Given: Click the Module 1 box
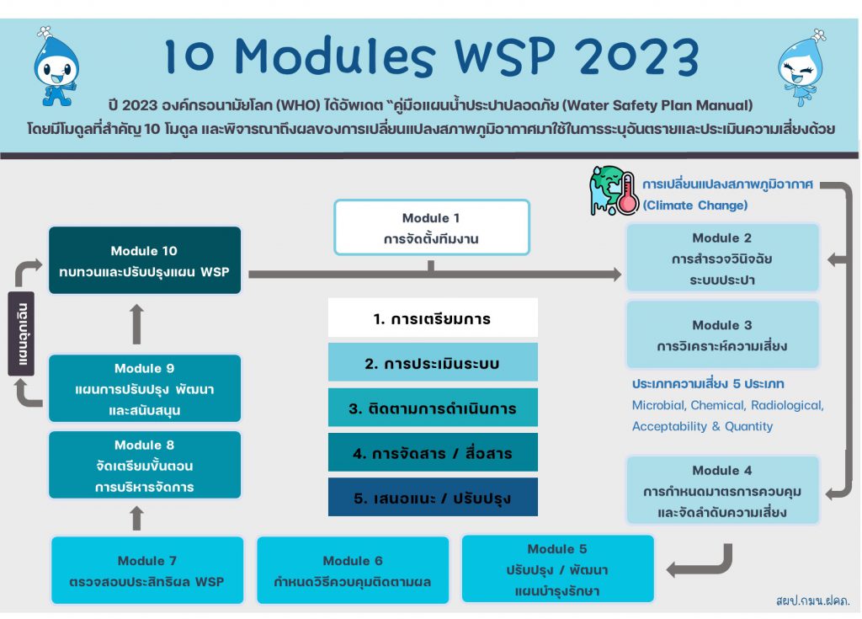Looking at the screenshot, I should coord(432,227).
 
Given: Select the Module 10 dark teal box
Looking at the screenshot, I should coord(145,260).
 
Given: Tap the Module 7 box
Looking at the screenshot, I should coord(147,570).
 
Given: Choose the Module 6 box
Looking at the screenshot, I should coord(353,570).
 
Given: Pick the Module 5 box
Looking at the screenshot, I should coord(557,569).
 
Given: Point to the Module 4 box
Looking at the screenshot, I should coord(721,490).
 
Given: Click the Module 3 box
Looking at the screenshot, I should coord(721,335).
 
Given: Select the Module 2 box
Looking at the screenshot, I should coord(721,259).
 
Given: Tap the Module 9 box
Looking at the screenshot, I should coord(145,388).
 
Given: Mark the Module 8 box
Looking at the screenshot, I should coord(145,465).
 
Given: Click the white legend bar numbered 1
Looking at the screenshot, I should coord(433,318).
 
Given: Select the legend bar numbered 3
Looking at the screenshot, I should coord(433,408).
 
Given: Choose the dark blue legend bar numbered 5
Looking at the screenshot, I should coord(433,498).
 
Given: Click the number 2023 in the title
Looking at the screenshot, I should coord(629,56).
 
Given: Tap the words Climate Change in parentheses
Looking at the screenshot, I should coord(695,205).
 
